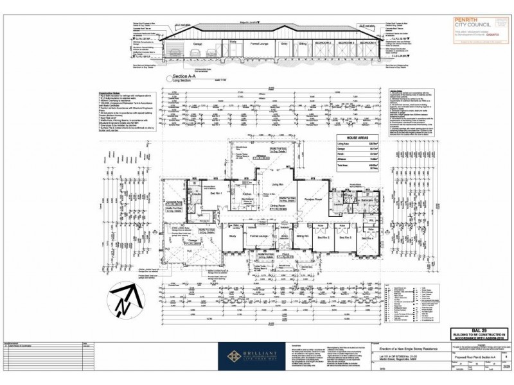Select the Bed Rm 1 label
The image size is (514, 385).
click(217, 193)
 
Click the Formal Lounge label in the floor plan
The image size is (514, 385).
click(258, 237)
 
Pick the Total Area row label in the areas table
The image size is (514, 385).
click(348, 165)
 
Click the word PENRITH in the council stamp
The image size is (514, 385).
click(453, 20)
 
